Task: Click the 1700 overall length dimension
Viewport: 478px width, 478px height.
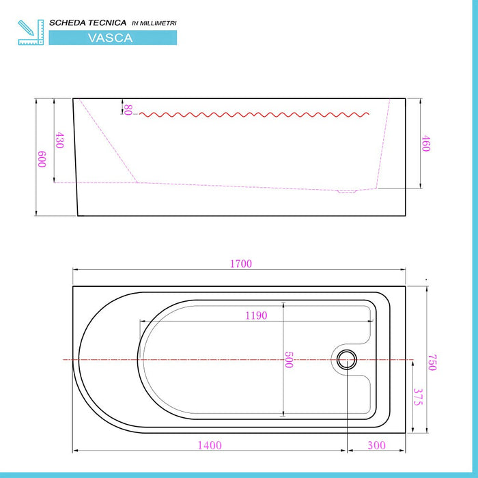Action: click(x=241, y=264)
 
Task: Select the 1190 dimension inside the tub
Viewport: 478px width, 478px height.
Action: click(x=256, y=315)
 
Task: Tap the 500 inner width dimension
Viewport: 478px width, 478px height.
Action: click(x=288, y=360)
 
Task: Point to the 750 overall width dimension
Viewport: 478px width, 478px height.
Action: click(x=432, y=363)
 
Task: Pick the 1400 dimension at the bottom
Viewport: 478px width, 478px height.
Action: click(x=210, y=445)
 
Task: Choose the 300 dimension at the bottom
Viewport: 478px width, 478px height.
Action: click(x=376, y=445)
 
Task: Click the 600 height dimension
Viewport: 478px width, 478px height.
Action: click(x=42, y=159)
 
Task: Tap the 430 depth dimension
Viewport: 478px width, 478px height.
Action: click(x=59, y=141)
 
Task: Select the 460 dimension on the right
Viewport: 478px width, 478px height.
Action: click(x=425, y=144)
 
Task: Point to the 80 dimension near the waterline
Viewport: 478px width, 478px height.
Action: click(x=128, y=109)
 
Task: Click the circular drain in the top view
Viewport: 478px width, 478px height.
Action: click(x=347, y=358)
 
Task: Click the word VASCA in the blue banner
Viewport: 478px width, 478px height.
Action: click(x=111, y=38)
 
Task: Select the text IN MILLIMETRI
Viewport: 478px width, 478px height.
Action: click(x=154, y=23)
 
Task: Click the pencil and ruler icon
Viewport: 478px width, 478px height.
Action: click(x=31, y=32)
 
